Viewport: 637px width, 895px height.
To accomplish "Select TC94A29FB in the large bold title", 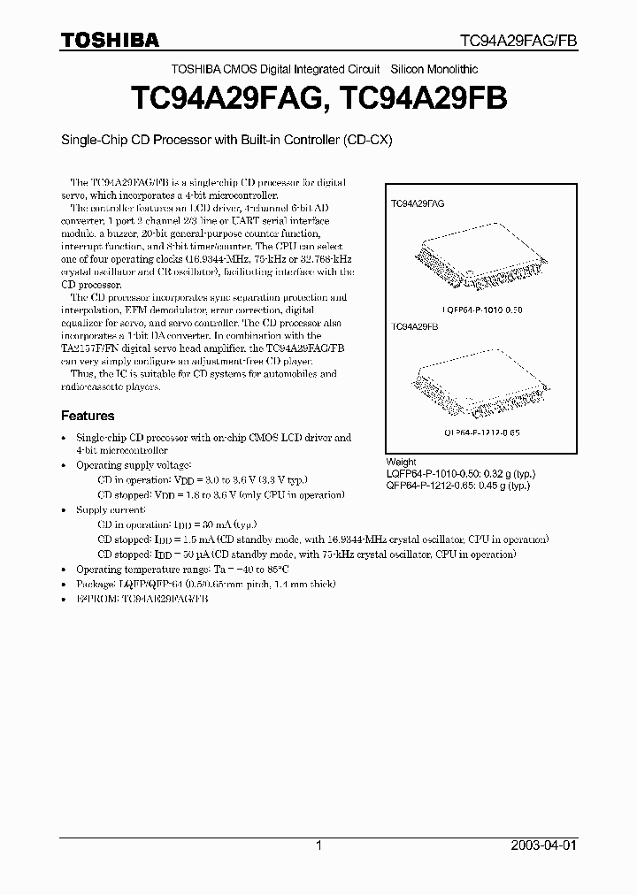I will tap(423, 98).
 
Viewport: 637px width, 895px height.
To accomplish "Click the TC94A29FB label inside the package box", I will tap(415, 327).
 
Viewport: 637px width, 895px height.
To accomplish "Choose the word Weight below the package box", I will tap(401, 463).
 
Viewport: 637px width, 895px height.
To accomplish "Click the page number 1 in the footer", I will tap(318, 845).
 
